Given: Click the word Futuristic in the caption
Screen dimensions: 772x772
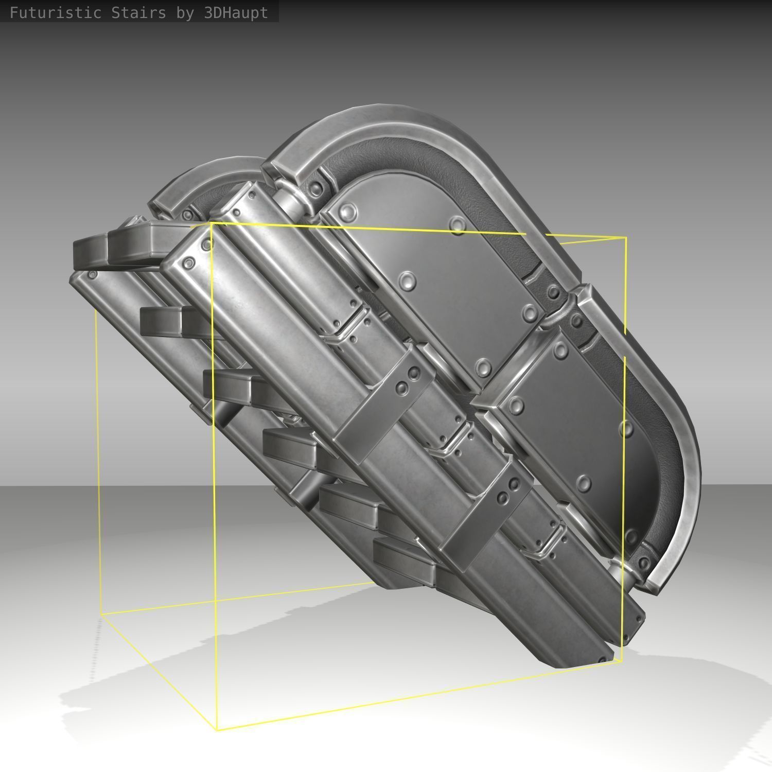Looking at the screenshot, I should pos(56,13).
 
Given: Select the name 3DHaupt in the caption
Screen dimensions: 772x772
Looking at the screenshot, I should pos(236,13).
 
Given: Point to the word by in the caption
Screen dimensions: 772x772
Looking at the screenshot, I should pos(185,13).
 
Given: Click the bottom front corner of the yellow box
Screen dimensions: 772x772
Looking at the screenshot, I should pos(217,729).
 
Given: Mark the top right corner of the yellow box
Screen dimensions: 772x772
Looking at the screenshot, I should pos(626,238).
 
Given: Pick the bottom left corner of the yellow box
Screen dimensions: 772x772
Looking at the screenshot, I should pos(101,614).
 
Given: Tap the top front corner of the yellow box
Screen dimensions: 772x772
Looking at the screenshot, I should pos(211,223).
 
